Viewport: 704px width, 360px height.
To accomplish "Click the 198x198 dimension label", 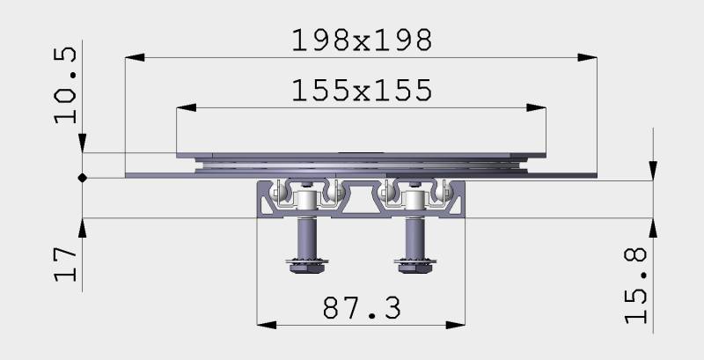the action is [x=362, y=40].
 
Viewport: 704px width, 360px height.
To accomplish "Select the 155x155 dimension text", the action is [x=362, y=91].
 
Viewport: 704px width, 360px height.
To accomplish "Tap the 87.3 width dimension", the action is [x=362, y=308].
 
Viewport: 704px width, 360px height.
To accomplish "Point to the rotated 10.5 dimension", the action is [x=65, y=84].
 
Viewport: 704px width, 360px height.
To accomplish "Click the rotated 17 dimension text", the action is [x=65, y=263].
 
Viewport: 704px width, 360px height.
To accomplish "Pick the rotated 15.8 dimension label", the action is [x=636, y=285].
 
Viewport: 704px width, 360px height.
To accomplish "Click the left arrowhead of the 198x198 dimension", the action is [x=135, y=57].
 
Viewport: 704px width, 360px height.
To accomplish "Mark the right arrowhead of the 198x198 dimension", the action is [x=587, y=57].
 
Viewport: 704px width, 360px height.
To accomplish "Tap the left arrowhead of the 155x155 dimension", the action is [x=187, y=107].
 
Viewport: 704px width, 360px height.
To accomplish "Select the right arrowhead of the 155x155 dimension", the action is [x=536, y=107].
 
